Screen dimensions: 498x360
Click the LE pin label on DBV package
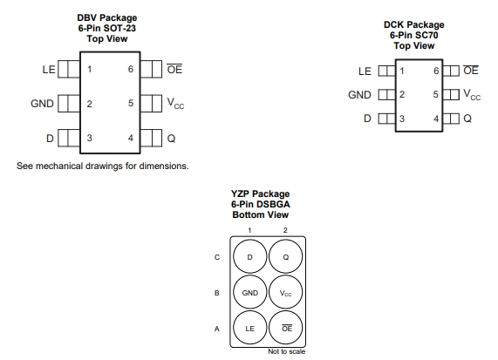[x=49, y=70]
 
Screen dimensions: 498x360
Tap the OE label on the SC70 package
[x=471, y=70]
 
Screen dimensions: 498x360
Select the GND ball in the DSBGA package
[x=250, y=293]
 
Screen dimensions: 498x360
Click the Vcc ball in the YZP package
[x=285, y=293]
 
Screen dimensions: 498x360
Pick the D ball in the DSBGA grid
[x=250, y=257]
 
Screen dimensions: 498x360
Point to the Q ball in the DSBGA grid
[x=285, y=257]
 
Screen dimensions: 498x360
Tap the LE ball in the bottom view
[x=250, y=329]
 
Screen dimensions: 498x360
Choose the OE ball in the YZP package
[x=285, y=329]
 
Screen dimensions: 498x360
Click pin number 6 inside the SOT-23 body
[x=131, y=69]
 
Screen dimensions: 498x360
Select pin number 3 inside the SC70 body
[x=402, y=119]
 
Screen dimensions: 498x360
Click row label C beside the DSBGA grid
[x=217, y=257]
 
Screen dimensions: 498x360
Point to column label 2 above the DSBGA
[x=285, y=230]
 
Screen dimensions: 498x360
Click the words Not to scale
[x=286, y=351]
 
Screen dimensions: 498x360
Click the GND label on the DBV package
[x=42, y=104]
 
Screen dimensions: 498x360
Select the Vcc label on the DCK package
[x=472, y=95]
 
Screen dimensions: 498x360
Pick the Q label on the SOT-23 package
[x=171, y=139]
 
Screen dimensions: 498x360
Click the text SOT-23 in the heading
[x=121, y=28]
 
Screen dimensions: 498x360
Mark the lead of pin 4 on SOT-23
[x=151, y=138]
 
